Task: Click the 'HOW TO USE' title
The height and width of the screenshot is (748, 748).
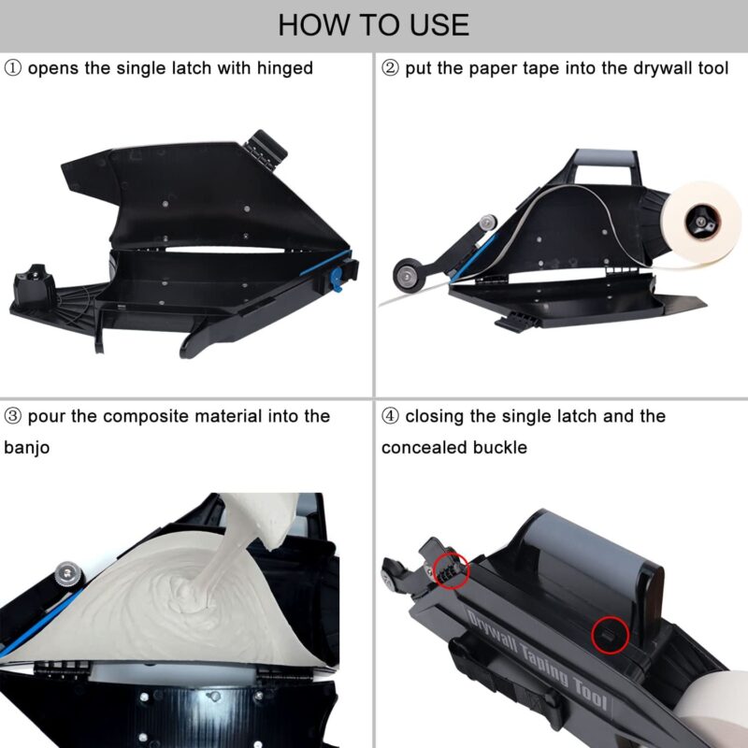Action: [x=373, y=25]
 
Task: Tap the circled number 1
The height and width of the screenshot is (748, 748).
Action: [x=12, y=68]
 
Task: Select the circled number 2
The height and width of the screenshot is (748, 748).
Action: [x=390, y=68]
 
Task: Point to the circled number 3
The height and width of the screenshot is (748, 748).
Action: [x=12, y=416]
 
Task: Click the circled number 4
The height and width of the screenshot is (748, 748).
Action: [x=390, y=416]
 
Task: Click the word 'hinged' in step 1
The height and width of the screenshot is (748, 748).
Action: [x=285, y=68]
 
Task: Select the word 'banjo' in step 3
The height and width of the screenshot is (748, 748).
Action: [x=27, y=448]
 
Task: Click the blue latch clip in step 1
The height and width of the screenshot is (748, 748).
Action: [x=337, y=279]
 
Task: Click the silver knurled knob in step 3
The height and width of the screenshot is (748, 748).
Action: [x=67, y=574]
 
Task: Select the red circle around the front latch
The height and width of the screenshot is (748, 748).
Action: [x=451, y=570]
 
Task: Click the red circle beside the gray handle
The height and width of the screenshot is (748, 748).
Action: [x=611, y=635]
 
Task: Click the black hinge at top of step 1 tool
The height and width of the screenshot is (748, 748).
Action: [x=266, y=150]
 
